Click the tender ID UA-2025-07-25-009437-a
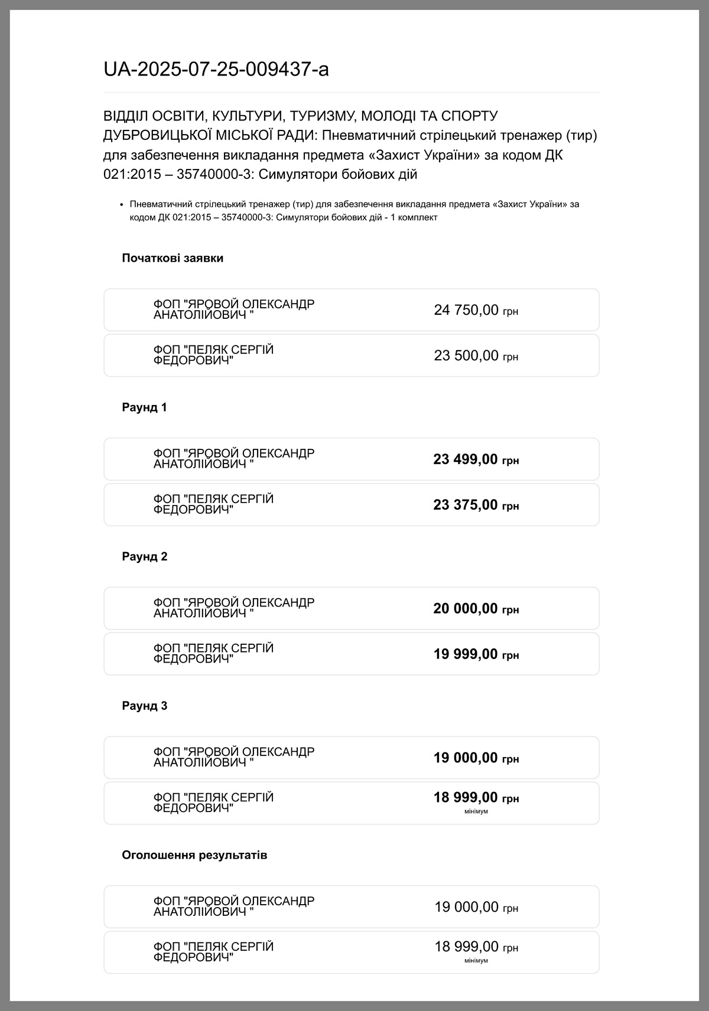(x=216, y=70)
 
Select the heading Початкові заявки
(x=173, y=258)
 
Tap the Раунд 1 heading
(x=145, y=407)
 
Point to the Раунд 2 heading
(x=145, y=557)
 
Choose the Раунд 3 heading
(x=145, y=706)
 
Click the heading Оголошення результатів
(x=194, y=855)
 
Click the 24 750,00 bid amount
(x=467, y=310)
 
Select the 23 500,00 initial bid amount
(x=467, y=356)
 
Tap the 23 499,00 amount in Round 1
(x=466, y=459)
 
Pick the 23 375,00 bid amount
(x=466, y=505)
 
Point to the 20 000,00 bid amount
(x=466, y=609)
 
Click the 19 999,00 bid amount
(x=466, y=654)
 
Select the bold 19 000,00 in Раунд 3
(x=466, y=758)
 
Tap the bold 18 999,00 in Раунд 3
(x=466, y=798)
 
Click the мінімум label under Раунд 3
(x=476, y=811)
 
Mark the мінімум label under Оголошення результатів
(x=476, y=961)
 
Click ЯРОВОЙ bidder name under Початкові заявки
(x=233, y=309)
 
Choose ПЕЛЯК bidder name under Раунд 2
(x=213, y=654)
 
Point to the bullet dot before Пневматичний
(x=122, y=204)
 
